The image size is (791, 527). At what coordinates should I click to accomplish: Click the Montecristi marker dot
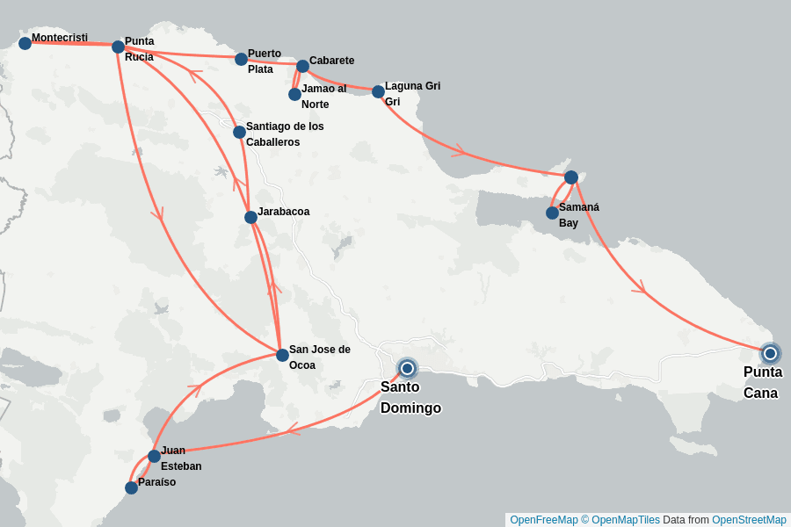25,43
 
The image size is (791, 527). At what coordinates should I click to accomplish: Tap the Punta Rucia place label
139,49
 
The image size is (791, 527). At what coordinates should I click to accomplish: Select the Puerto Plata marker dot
241,59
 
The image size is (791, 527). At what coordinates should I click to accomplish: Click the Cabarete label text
331,61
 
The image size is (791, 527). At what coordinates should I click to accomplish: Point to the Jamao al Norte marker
295,94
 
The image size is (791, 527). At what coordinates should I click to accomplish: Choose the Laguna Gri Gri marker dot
378,91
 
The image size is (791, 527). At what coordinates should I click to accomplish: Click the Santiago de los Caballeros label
285,134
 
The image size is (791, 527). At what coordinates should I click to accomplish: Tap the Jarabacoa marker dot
250,217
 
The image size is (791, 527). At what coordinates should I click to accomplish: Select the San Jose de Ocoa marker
282,355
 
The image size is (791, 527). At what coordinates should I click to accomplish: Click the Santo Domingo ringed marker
407,368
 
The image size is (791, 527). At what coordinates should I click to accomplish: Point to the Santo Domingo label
410,397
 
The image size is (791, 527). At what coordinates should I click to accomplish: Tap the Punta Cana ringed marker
770,353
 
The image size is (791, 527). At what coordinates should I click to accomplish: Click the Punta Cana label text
762,382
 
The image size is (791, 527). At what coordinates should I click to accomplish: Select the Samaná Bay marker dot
552,213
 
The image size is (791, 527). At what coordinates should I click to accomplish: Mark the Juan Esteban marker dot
154,456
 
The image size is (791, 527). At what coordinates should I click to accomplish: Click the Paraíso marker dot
131,487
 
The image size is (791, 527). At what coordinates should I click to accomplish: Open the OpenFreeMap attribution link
544,520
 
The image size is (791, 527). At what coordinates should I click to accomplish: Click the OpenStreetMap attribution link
749,520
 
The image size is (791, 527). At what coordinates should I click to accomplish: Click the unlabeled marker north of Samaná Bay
570,177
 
